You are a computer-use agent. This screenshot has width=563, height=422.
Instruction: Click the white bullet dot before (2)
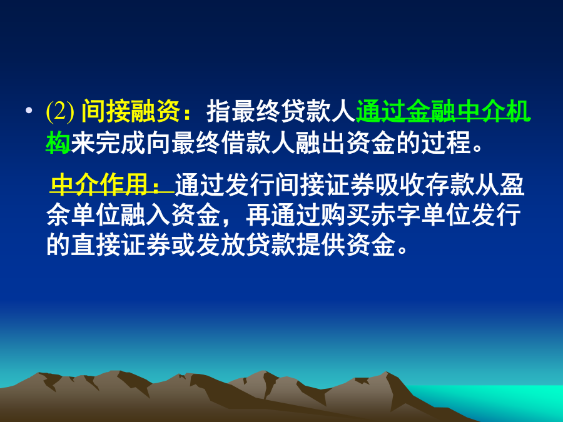click(x=29, y=111)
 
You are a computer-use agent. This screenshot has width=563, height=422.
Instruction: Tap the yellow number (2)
click(x=60, y=112)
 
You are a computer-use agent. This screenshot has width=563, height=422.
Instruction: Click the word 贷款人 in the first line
click(x=318, y=112)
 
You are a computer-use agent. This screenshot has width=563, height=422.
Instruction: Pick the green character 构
click(x=58, y=143)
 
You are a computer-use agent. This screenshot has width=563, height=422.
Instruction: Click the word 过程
click(x=446, y=143)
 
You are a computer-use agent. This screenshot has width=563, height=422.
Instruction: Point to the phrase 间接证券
click(x=324, y=184)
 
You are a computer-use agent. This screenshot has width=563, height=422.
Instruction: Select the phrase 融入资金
click(x=171, y=215)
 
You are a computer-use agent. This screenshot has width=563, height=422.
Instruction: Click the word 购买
click(x=333, y=215)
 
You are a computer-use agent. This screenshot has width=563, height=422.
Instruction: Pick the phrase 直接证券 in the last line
click(x=121, y=246)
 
